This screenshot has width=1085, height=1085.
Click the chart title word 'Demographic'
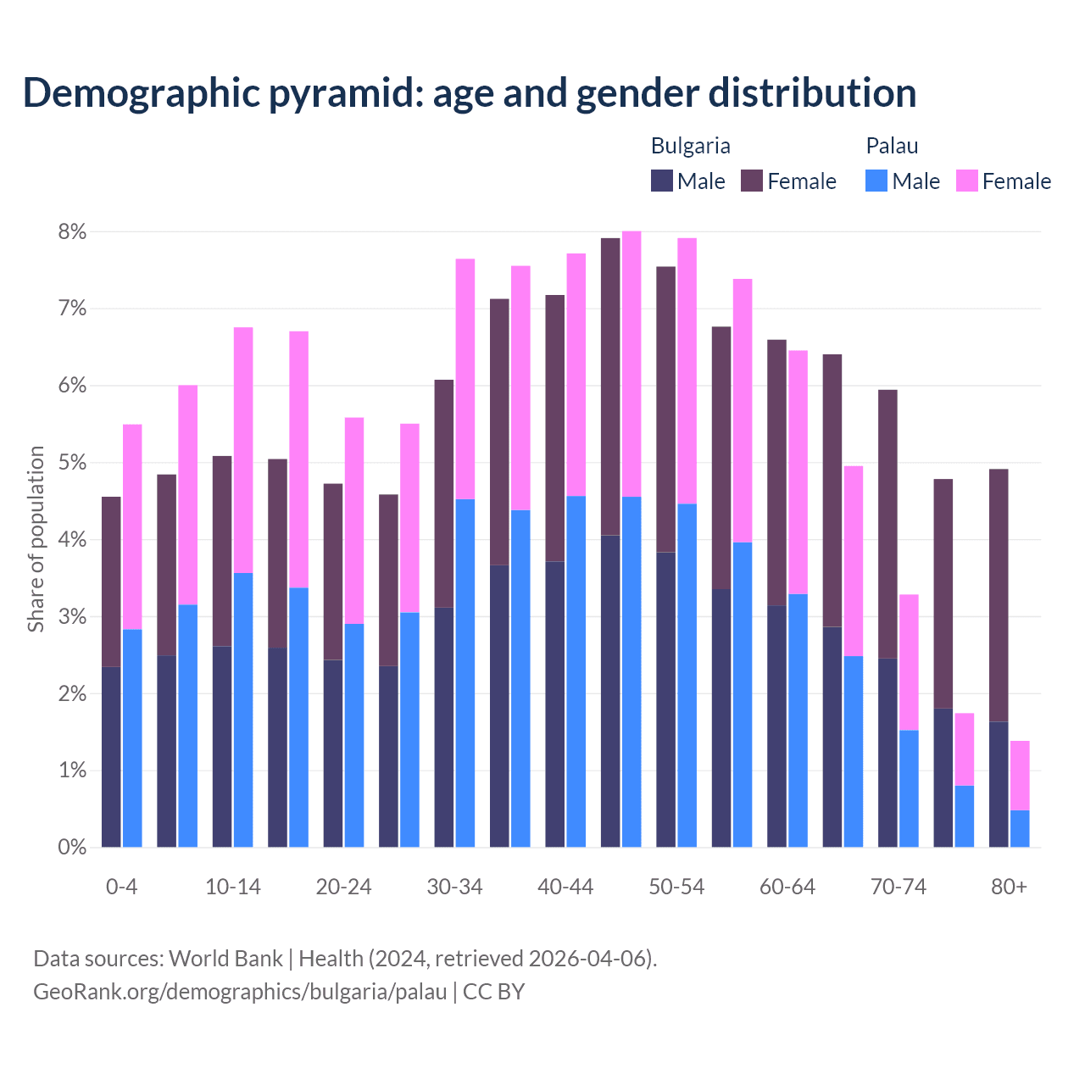pos(139,92)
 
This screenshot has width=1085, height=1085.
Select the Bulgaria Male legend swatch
pos(662,181)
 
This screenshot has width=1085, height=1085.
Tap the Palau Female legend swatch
pos(967,181)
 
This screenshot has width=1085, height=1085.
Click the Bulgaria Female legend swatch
pos(752,181)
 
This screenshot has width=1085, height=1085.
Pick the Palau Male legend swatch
pos(876,181)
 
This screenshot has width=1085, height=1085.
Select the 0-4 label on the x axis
pos(121,887)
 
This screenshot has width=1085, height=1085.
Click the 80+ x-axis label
pos(1009,887)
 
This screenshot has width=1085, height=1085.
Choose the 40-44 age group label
pos(565,887)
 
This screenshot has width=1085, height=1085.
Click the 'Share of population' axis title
pos(36,539)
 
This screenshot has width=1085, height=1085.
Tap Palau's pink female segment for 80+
pos(1020,775)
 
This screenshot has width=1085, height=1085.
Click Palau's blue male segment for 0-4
pos(132,737)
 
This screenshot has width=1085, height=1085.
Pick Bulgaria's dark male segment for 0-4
pos(111,756)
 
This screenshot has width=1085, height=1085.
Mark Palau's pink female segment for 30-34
pos(465,379)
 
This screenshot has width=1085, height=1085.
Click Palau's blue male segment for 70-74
pos(909,788)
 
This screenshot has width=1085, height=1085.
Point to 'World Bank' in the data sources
pos(225,959)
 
